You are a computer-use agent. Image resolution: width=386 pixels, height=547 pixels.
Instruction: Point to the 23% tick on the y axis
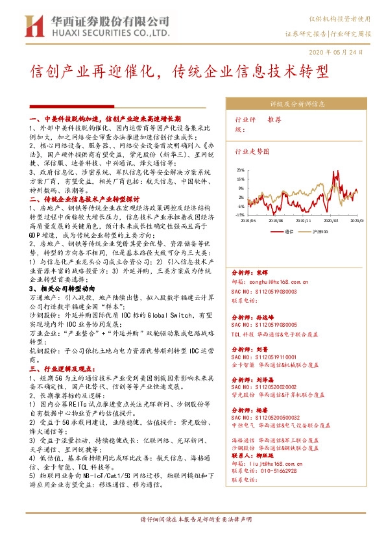point(240,169)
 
